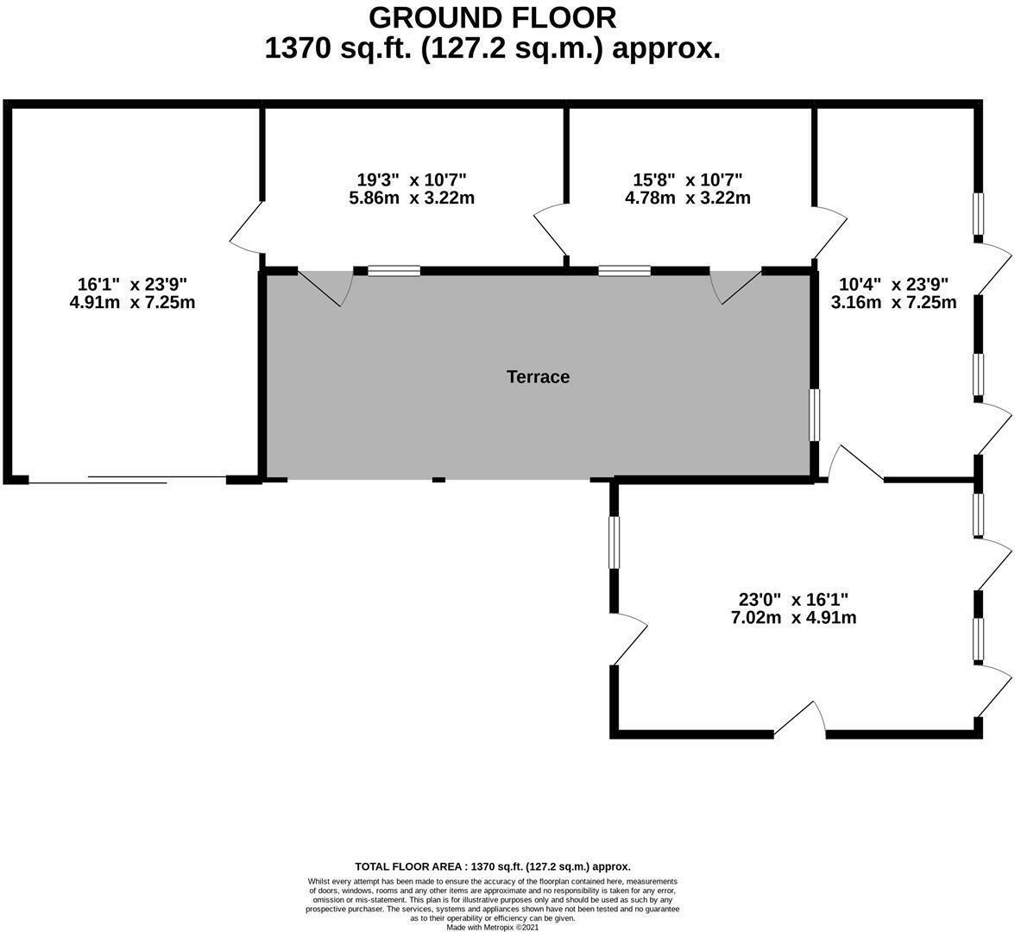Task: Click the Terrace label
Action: tap(538, 377)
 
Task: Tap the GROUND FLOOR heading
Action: tap(492, 17)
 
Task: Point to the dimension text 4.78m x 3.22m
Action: tap(687, 198)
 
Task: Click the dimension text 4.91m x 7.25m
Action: tap(132, 302)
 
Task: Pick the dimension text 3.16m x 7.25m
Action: tap(893, 302)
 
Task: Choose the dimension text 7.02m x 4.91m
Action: tap(793, 618)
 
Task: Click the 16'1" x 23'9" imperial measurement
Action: tap(132, 284)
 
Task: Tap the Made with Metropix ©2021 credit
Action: tap(492, 927)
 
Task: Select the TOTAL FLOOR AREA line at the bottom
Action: tap(492, 866)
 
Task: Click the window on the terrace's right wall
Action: tap(813, 415)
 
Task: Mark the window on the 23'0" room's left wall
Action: tap(614, 542)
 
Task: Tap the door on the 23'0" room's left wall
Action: tap(628, 639)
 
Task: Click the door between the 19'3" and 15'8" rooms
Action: tap(552, 230)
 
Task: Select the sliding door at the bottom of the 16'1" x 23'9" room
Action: tap(128, 479)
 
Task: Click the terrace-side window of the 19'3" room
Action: tap(394, 270)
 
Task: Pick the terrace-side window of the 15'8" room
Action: tap(625, 270)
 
